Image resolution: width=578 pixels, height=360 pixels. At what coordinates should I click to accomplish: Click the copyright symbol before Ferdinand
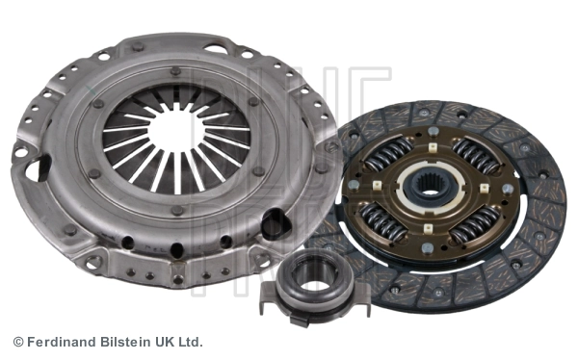point(17,342)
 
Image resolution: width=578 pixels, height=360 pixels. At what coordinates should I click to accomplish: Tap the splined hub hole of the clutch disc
point(425,185)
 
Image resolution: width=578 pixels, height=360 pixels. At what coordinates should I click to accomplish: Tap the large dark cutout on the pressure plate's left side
point(40,169)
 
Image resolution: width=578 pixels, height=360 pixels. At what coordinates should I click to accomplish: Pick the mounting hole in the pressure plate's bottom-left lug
point(93,261)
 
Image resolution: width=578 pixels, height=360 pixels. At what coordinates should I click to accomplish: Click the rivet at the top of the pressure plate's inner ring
point(174,70)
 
